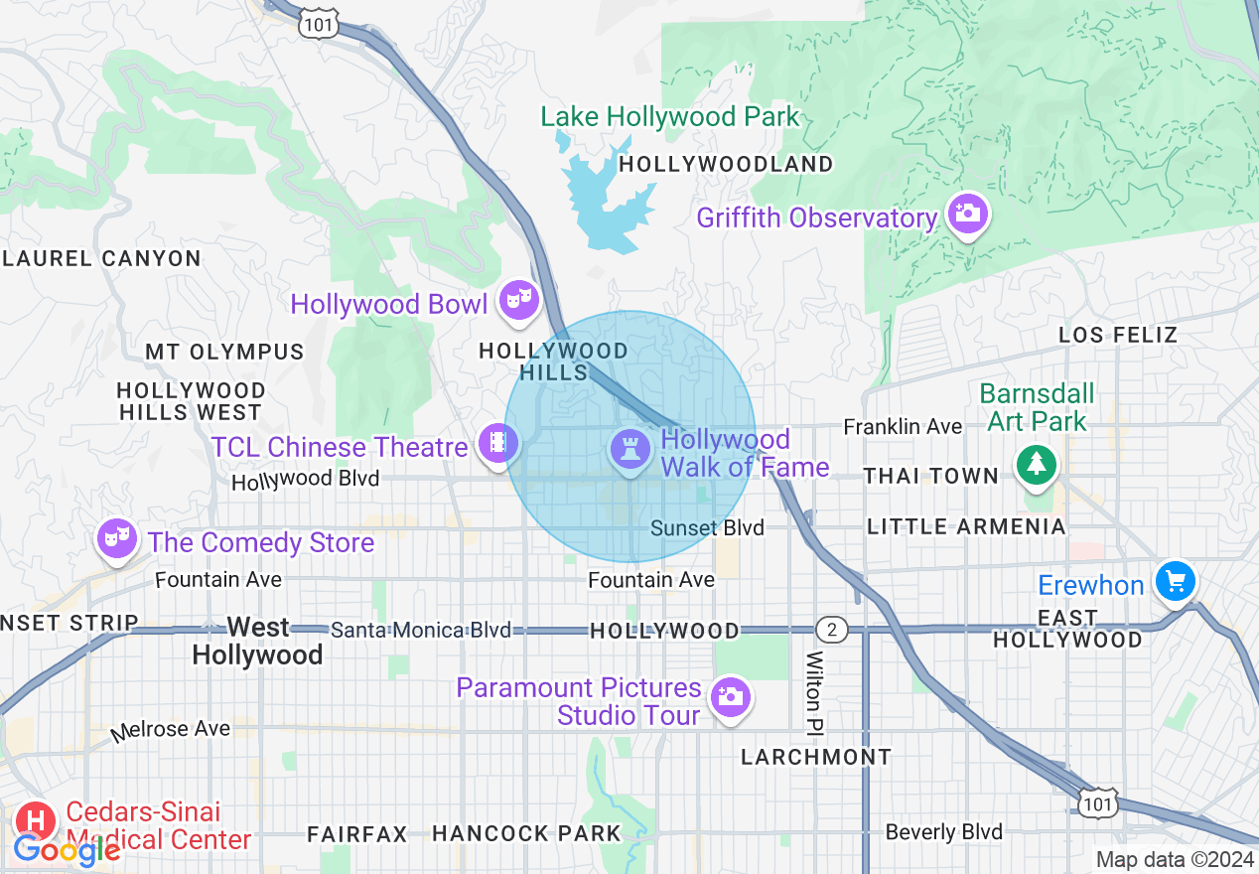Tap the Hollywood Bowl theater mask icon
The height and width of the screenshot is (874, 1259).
[517, 298]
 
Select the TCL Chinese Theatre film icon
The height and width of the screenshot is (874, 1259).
[496, 442]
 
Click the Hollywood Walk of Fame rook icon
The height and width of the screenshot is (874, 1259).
[629, 450]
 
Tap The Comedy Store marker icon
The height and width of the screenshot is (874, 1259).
[116, 538]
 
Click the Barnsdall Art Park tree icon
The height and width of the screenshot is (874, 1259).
[1036, 463]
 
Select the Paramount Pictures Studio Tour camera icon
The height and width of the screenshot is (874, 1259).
[731, 696]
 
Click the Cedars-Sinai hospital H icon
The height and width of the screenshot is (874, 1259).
[37, 820]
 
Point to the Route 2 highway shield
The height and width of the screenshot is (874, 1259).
[832, 629]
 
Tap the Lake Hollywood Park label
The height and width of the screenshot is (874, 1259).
[669, 117]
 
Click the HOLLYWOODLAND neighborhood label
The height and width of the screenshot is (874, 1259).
[726, 165]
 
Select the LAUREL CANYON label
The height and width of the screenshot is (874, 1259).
[101, 259]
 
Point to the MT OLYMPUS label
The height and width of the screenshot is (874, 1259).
[224, 353]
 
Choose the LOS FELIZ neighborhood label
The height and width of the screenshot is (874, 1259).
[1118, 335]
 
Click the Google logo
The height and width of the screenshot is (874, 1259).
[67, 849]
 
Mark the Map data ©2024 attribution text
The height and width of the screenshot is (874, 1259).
[1176, 859]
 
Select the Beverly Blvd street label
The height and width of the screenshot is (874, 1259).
[943, 832]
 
